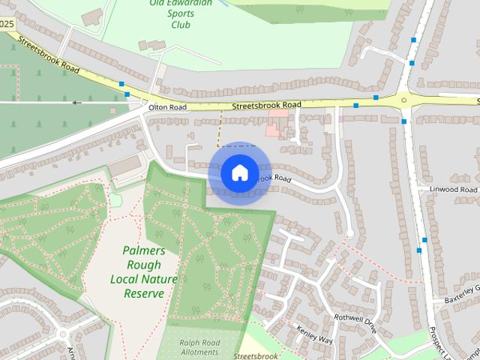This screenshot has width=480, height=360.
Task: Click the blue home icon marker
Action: pyautogui.click(x=239, y=172)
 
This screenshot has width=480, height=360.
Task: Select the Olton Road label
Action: pyautogui.click(x=167, y=108)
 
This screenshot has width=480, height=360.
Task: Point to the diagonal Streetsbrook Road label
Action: pyautogui.click(x=49, y=57)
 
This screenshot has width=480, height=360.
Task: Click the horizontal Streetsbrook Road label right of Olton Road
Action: pyautogui.click(x=266, y=106)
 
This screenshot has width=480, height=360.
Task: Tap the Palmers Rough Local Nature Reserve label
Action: pyautogui.click(x=144, y=271)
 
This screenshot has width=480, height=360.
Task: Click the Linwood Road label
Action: pyautogui.click(x=450, y=190)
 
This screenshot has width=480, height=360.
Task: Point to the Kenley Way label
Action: pyautogui.click(x=313, y=334)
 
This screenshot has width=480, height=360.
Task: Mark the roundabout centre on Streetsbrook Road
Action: pyautogui.click(x=403, y=98)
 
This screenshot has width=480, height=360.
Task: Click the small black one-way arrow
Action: pyautogui.click(x=76, y=102)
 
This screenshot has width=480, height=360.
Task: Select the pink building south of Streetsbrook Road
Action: pyautogui.click(x=277, y=120)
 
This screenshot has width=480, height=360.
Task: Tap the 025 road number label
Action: pyautogui.click(x=7, y=24)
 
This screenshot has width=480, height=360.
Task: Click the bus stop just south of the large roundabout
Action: pyautogui.click(x=403, y=121)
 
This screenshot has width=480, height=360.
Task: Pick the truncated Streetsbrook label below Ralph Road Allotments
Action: pyautogui.click(x=256, y=355)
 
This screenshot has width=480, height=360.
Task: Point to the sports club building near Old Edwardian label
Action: pyautogui.click(x=93, y=16)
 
